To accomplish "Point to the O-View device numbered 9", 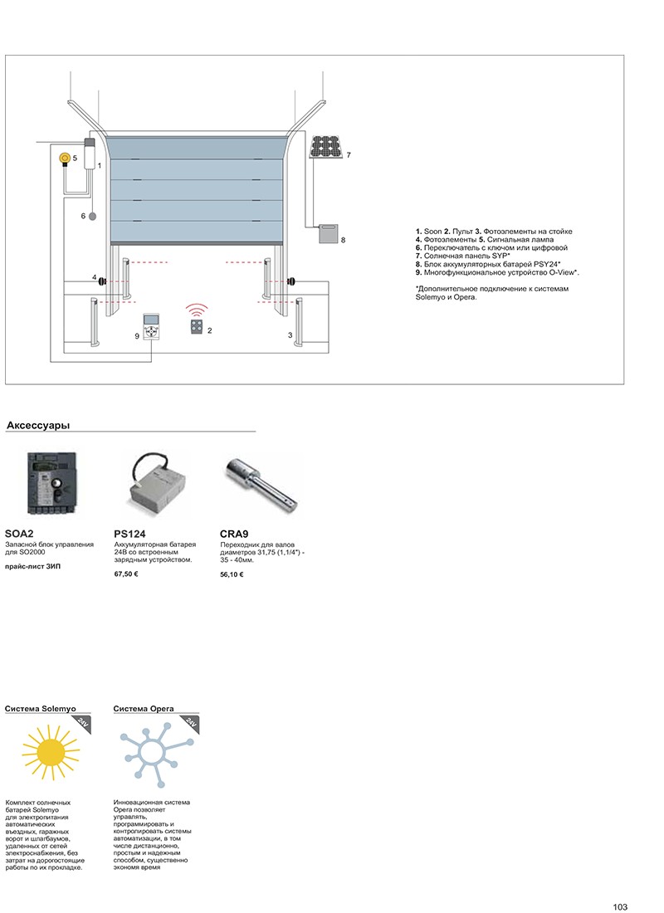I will coord(151,328).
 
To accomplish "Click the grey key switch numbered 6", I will coord(92,216).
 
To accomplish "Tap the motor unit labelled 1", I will coord(90,151).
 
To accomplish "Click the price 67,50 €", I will coord(126,574).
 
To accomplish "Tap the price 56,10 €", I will coord(232,574).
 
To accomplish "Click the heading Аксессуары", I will coord(37,426).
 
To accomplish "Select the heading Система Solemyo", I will coord(40,710).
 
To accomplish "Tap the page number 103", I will coord(620,906).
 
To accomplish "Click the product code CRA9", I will coord(236,534).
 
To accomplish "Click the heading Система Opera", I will coord(144,710).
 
